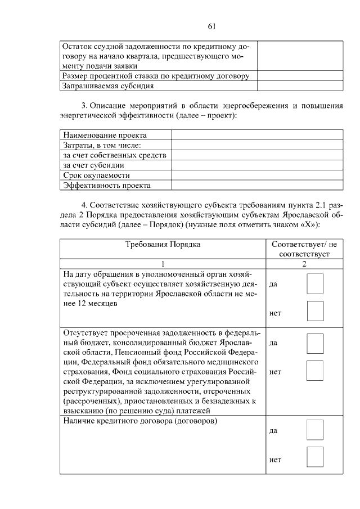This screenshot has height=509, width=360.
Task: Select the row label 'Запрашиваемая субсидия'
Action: click(109, 86)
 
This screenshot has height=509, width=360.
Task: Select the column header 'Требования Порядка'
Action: click(163, 244)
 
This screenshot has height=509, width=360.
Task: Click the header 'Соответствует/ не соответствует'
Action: click(304, 249)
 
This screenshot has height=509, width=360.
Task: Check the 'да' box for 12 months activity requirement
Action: click(315, 283)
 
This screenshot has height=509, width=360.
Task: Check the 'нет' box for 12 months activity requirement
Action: click(315, 311)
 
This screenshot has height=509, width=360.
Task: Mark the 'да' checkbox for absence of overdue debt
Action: click(315, 343)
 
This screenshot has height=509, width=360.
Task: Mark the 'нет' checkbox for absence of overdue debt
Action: click(315, 371)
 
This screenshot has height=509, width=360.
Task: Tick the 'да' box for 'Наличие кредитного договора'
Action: click(315, 430)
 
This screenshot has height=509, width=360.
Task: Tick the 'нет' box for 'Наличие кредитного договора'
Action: click(315, 457)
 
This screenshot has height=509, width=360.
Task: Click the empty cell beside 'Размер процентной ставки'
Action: click(300, 75)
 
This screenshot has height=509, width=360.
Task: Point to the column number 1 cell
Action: click(163, 264)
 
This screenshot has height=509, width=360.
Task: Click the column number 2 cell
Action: click(304, 264)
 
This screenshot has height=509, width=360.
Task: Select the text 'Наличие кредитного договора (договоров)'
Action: click(141, 421)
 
